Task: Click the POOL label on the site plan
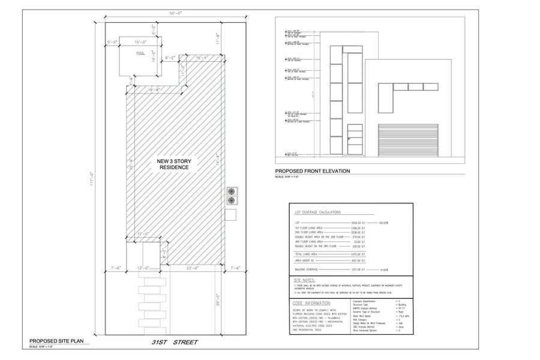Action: coord(140,53)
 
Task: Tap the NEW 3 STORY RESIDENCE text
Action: coord(173,164)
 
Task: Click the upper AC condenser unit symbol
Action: coord(231,191)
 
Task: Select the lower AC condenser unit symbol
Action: coord(231,201)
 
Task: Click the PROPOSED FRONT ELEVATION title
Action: coord(312,171)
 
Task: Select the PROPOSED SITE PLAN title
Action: coord(57,341)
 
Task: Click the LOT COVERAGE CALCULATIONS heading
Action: coord(317,212)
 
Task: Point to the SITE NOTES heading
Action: coord(305,280)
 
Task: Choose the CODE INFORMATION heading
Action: coord(312,304)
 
